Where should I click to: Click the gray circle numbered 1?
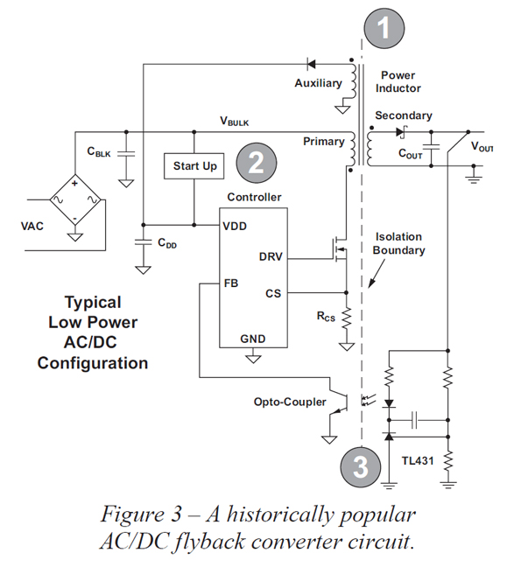[381, 29]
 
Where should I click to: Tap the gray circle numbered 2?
[256, 162]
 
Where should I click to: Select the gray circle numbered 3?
[360, 465]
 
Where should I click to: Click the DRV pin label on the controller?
[271, 257]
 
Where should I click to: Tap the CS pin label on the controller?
[273, 293]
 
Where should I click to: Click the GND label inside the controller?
[253, 339]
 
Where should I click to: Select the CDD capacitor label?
[166, 245]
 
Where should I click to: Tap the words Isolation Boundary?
[400, 243]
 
